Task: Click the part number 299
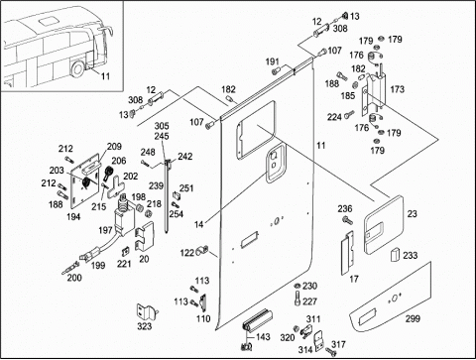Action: pyautogui.click(x=413, y=318)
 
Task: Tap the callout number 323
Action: pyautogui.click(x=145, y=326)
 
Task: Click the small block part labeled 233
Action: pyautogui.click(x=396, y=254)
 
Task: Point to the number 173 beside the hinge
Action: pyautogui.click(x=397, y=89)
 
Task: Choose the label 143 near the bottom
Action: pyautogui.click(x=263, y=337)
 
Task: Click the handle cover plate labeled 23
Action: pyautogui.click(x=384, y=224)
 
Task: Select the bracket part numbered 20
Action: pyautogui.click(x=145, y=235)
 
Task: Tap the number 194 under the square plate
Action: pyautogui.click(x=73, y=216)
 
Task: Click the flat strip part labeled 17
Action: pyautogui.click(x=347, y=253)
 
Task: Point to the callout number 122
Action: pyautogui.click(x=187, y=253)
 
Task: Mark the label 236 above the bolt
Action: pyautogui.click(x=345, y=208)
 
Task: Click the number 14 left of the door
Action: pyautogui.click(x=198, y=224)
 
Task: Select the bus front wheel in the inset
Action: pyautogui.click(x=78, y=68)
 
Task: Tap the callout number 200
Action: pyautogui.click(x=74, y=278)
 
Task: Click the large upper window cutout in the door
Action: pyautogui.click(x=256, y=129)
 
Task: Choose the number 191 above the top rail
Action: pyautogui.click(x=273, y=61)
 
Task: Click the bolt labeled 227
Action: pyautogui.click(x=297, y=299)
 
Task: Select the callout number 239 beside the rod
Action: pyautogui.click(x=156, y=185)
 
